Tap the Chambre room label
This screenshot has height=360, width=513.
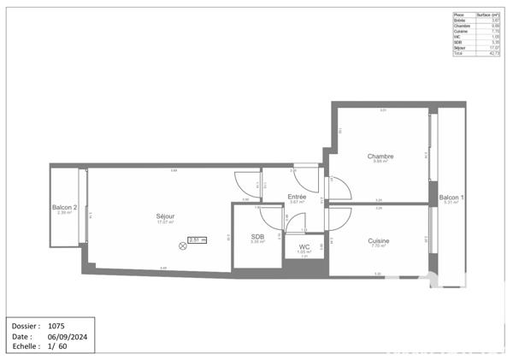pyautogui.click(x=380, y=156)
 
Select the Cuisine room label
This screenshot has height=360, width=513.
pyautogui.click(x=378, y=241)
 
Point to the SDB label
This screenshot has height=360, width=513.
pyautogui.click(x=257, y=237)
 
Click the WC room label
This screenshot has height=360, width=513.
pyautogui.click(x=304, y=246)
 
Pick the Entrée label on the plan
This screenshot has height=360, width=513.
pyautogui.click(x=297, y=197)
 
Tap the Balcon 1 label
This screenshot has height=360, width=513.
pyautogui.click(x=451, y=198)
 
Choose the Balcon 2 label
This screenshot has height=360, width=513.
pyautogui.click(x=65, y=208)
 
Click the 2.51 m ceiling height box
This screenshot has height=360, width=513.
pyautogui.click(x=198, y=240)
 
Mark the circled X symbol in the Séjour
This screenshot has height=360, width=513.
pyautogui.click(x=182, y=246)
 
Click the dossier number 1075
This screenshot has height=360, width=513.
pyautogui.click(x=56, y=326)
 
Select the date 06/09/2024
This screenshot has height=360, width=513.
pyautogui.click(x=68, y=336)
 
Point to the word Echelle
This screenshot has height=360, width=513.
pyautogui.click(x=26, y=346)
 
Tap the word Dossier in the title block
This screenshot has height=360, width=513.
pyautogui.click(x=27, y=326)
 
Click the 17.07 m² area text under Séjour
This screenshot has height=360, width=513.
pyautogui.click(x=161, y=222)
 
